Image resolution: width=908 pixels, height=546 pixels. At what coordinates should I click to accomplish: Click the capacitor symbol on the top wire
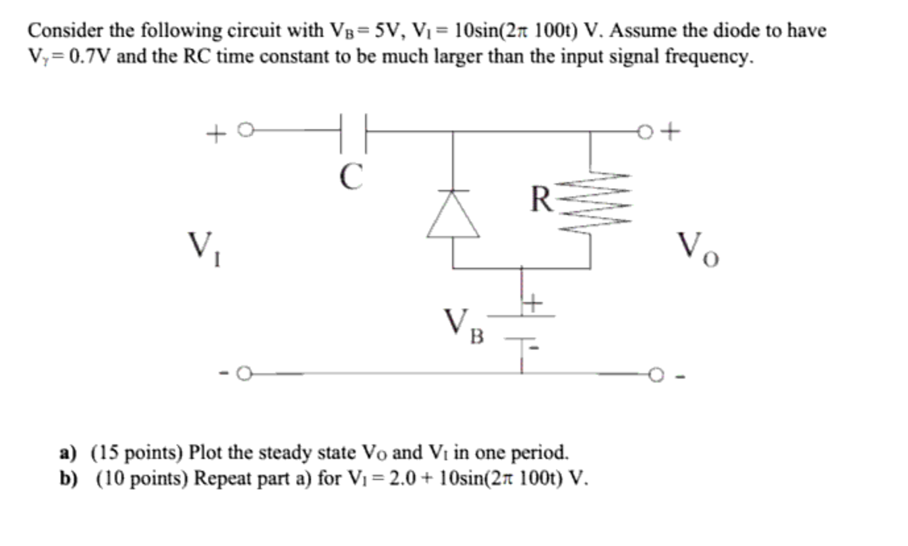click(x=353, y=131)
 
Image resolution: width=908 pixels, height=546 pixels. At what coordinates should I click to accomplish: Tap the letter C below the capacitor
click(x=352, y=176)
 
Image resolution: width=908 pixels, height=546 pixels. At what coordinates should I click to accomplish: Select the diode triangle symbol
click(x=453, y=214)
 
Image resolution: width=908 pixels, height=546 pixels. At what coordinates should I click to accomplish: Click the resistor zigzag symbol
click(x=590, y=201)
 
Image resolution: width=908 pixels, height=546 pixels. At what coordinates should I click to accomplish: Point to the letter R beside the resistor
click(x=542, y=199)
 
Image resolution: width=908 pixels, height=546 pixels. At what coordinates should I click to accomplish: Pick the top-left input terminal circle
click(x=244, y=131)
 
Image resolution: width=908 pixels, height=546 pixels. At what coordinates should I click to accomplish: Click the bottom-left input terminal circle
click(x=243, y=374)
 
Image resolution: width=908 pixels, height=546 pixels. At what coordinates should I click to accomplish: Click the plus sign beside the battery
click(x=532, y=304)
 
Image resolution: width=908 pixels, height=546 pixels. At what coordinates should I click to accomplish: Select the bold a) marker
click(x=68, y=454)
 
